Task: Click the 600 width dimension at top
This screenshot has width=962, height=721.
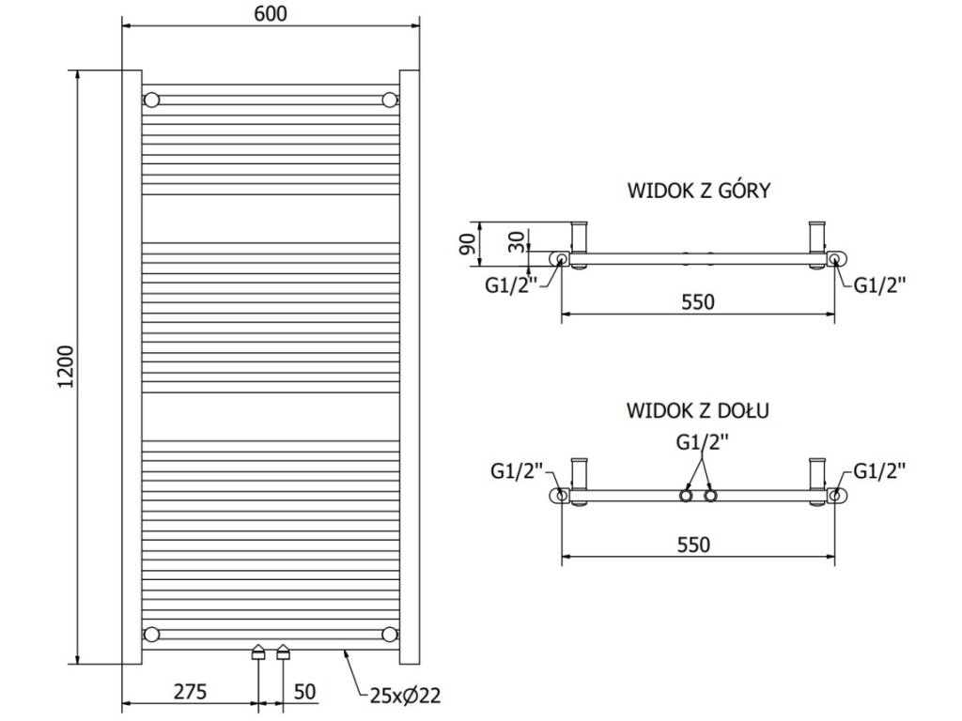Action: (270, 12)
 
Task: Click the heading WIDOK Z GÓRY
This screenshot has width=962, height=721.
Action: (698, 191)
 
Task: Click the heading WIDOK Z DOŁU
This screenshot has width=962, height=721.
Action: (698, 411)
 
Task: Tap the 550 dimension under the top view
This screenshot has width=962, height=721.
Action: (697, 302)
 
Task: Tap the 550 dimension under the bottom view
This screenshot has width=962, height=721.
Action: (697, 545)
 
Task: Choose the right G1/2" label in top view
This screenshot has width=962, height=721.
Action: (880, 286)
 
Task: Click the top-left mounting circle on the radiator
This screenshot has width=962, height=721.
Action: (152, 100)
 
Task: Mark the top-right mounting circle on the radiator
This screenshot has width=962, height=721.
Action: (390, 100)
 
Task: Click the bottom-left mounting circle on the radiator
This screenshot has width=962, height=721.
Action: (152, 633)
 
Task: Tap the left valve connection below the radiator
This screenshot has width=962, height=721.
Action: (257, 654)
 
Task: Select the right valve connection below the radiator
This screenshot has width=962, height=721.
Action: (282, 654)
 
